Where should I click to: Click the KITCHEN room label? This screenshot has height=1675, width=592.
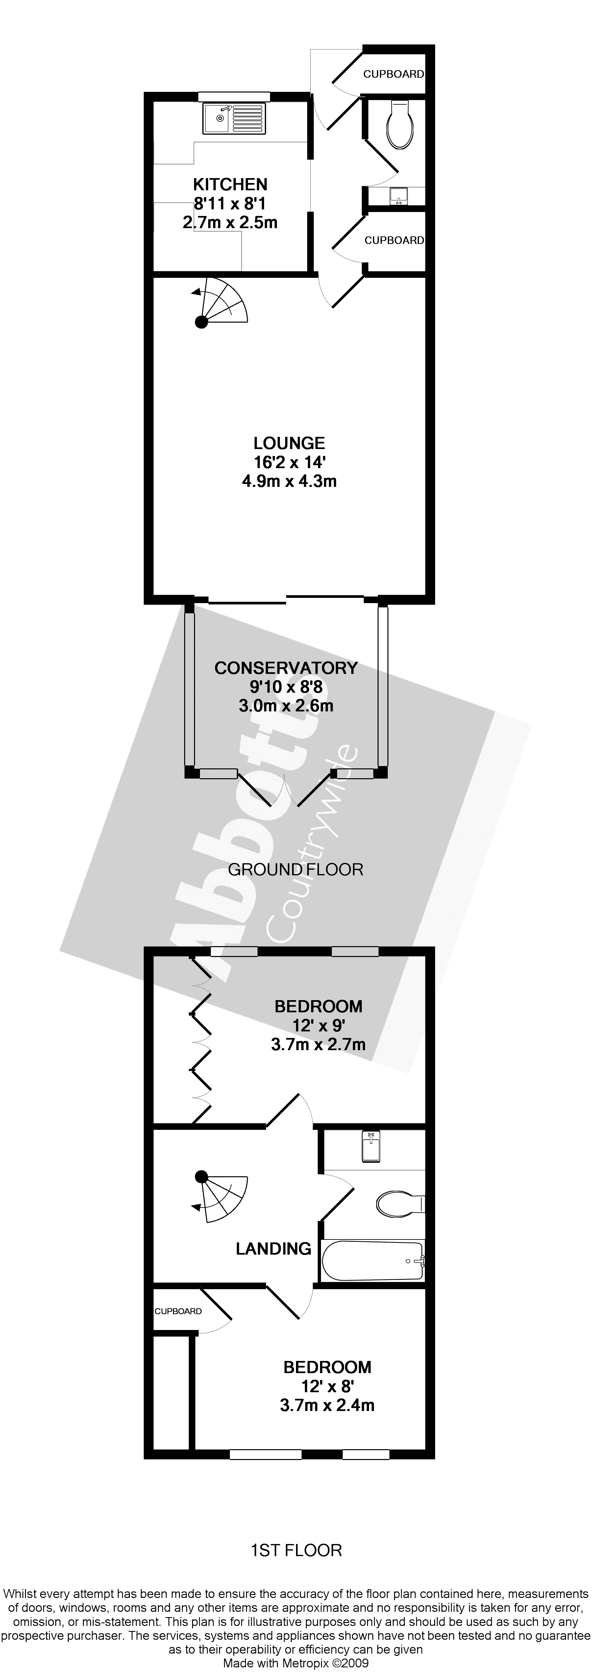pos(230,185)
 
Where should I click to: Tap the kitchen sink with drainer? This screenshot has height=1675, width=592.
pos(234,118)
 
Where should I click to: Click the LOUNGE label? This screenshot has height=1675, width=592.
pos(289,443)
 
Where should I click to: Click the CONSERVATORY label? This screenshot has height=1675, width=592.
pos(286,668)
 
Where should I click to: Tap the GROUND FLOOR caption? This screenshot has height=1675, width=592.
pos(296,869)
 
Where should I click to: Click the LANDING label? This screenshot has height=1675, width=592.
pos(273,1248)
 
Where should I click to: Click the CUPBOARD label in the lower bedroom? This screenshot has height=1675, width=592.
pos(178,1311)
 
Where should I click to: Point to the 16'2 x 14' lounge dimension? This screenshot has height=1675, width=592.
pos(289,463)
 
